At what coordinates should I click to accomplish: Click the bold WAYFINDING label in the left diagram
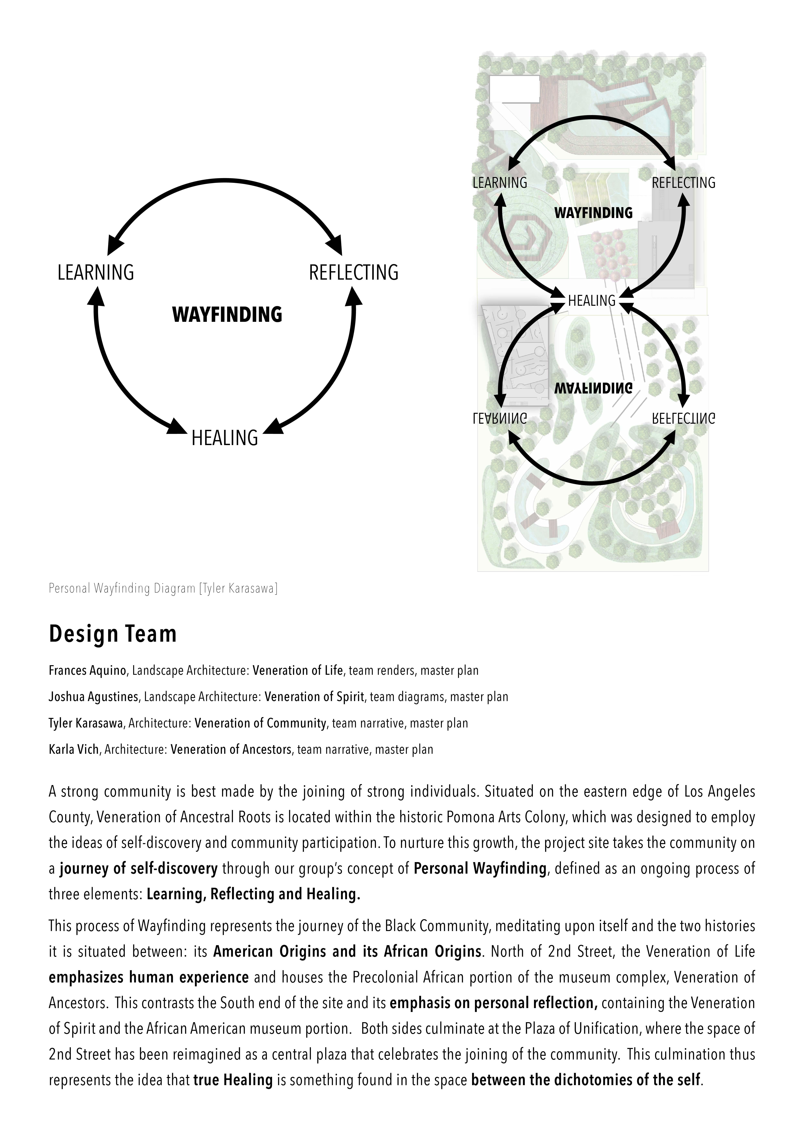(x=227, y=315)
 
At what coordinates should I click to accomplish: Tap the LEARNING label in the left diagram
(x=96, y=273)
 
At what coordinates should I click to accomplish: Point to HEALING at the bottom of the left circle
(x=225, y=438)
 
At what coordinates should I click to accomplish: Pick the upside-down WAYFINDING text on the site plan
(x=593, y=388)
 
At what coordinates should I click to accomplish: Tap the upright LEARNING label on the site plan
(x=500, y=183)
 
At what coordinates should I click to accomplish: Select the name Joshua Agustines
(x=93, y=697)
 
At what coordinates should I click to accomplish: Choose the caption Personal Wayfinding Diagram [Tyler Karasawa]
(x=163, y=588)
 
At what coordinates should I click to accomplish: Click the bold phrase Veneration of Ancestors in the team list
(x=231, y=749)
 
